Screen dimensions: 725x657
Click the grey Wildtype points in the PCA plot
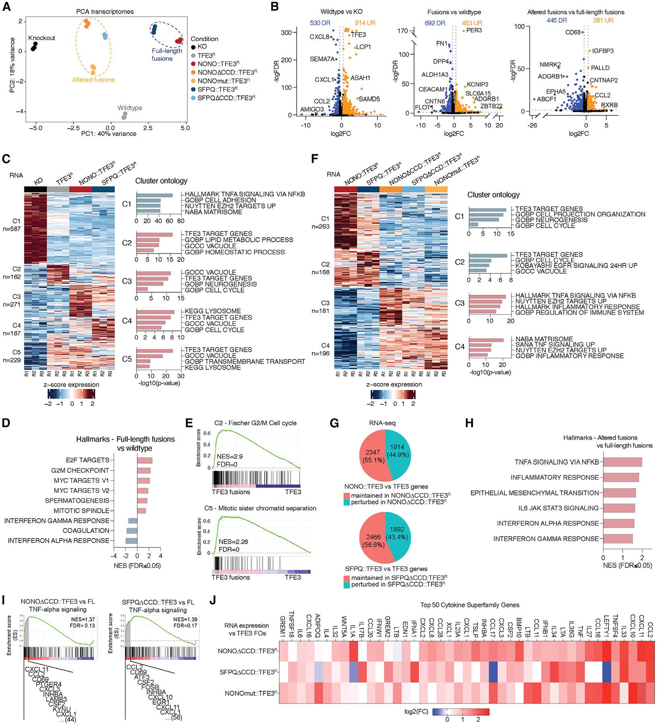pos(124,116)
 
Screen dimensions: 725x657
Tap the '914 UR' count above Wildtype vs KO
pos(365,23)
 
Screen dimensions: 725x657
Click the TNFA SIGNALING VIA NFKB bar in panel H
pos(622,462)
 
